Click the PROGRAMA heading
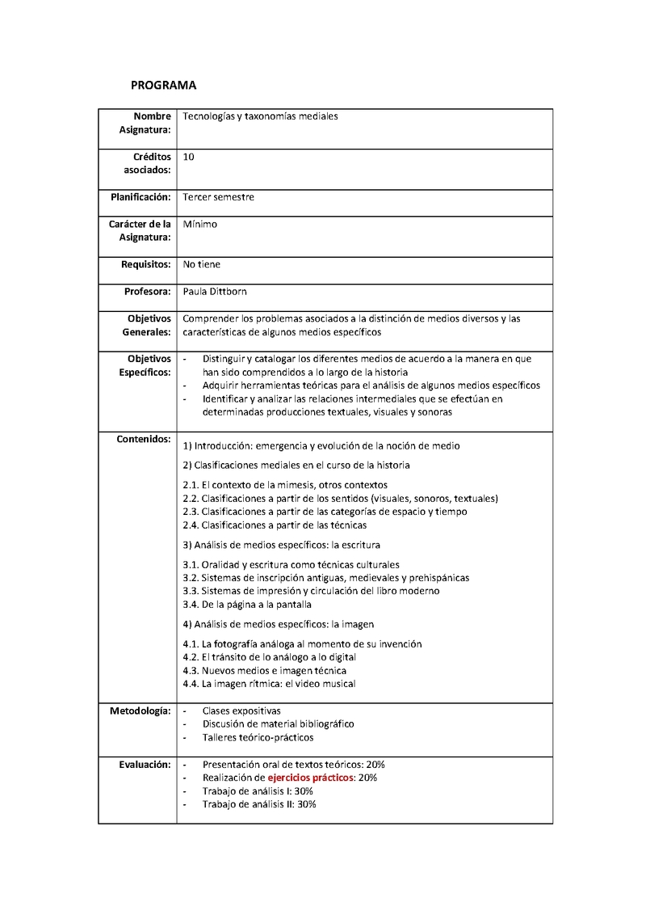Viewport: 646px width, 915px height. click(164, 85)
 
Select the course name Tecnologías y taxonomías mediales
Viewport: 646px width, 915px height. click(260, 116)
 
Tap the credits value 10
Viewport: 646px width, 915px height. click(188, 157)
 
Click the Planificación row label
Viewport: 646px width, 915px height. click(141, 197)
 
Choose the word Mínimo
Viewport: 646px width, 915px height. click(200, 225)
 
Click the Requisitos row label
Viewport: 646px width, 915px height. click(145, 264)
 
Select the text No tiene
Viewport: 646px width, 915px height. click(202, 264)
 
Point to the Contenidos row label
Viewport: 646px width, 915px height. click(143, 439)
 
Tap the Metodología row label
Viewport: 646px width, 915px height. click(140, 710)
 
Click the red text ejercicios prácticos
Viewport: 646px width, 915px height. click(310, 778)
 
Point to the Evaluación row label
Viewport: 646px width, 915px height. click(144, 764)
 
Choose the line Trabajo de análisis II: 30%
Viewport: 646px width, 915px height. click(258, 804)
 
